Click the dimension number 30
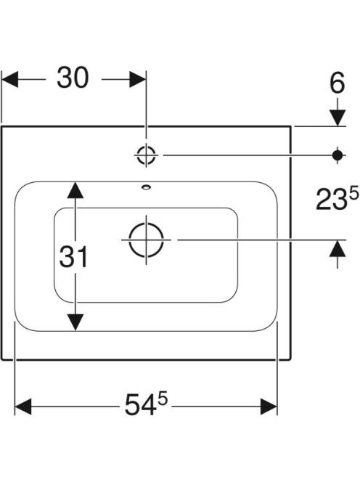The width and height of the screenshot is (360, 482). click(73, 78)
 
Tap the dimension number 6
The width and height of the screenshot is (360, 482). click(337, 83)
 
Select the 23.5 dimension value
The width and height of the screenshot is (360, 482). click(337, 200)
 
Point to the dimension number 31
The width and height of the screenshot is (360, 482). click(74, 257)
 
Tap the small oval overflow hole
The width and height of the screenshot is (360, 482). click(146, 187)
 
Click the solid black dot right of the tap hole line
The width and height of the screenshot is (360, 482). click(337, 155)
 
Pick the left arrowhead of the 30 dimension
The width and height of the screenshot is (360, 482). click(10, 79)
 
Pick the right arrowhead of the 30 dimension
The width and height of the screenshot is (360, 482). click(137, 79)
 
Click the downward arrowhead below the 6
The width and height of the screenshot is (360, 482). click(337, 118)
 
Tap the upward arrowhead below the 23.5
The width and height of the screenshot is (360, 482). click(337, 248)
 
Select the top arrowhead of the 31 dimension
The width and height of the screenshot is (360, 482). click(75, 190)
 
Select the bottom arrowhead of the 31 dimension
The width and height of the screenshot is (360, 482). click(75, 322)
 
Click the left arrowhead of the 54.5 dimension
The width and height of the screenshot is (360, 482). click(22, 407)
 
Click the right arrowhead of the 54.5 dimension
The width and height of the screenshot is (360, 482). click(269, 407)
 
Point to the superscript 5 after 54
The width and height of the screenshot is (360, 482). click(163, 400)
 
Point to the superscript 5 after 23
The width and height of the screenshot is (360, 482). click(354, 195)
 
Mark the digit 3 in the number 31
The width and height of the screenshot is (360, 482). click(67, 257)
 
